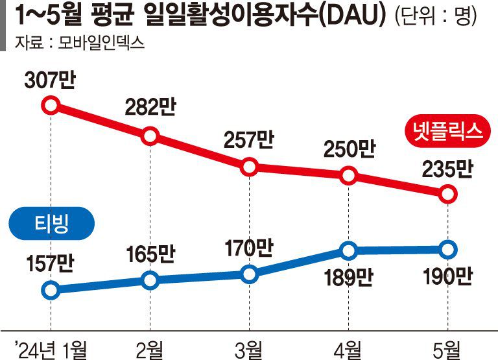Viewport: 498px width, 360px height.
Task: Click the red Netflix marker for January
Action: tap(51, 104)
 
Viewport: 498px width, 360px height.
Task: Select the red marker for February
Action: tap(150, 136)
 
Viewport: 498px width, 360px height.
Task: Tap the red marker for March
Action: tap(249, 167)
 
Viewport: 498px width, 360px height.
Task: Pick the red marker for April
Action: tap(348, 175)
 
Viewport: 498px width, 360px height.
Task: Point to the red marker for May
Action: tap(447, 193)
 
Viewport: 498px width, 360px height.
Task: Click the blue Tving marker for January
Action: tap(51, 289)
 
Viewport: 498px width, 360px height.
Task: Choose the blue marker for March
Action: tap(249, 274)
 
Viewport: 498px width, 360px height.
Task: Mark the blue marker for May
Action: tap(447, 249)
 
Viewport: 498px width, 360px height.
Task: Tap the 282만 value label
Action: tap(150, 108)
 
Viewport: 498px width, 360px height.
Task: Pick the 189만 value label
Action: tap(348, 277)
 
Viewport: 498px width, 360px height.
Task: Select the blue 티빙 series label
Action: tap(51, 224)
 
